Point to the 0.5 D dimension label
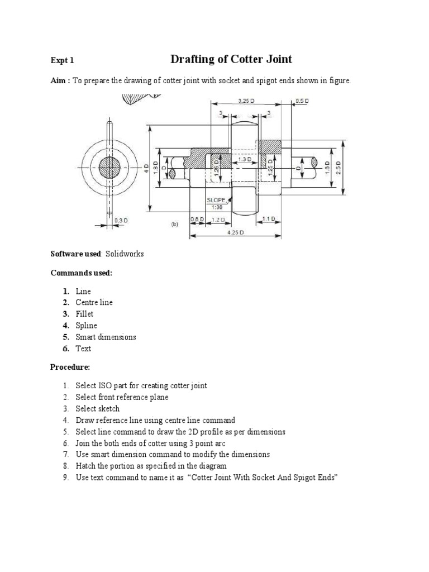[x=302, y=101]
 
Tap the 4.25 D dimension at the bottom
[x=235, y=232]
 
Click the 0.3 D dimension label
[x=121, y=220]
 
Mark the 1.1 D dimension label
[x=269, y=220]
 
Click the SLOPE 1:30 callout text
[x=217, y=203]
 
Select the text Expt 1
[x=62, y=60]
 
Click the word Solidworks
[x=125, y=254]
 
